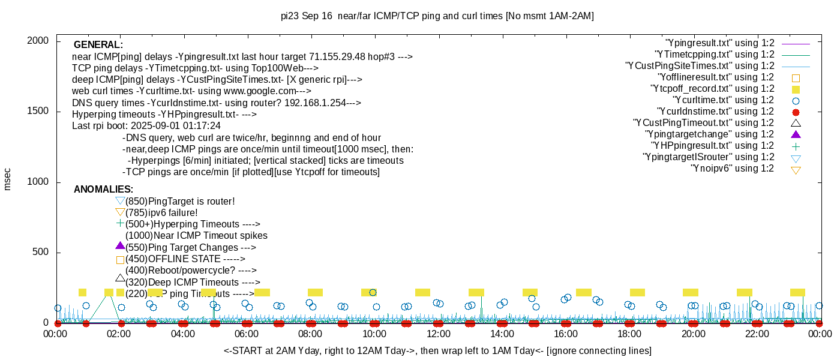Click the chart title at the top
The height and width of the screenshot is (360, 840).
click(437, 16)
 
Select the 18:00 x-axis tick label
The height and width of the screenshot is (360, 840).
click(629, 334)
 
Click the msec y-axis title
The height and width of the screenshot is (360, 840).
click(8, 179)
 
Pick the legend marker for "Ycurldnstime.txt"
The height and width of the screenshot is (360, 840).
click(796, 112)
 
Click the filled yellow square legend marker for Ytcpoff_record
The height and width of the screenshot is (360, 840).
click(796, 89)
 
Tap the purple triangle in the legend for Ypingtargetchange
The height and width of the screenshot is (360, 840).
click(796, 134)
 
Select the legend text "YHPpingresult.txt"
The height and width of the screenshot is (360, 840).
click(713, 146)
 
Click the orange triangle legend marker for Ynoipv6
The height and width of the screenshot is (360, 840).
click(796, 170)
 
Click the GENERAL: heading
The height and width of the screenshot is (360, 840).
click(98, 45)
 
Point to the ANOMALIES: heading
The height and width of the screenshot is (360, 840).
click(103, 190)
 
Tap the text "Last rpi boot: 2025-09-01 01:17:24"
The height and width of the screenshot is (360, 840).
click(146, 125)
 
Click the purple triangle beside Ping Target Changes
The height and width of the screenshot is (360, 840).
click(120, 246)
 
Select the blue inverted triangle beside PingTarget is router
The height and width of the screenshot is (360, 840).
click(120, 201)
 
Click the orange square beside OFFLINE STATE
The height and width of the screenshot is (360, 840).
click(120, 260)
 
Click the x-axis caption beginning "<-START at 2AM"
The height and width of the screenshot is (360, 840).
click(437, 350)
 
